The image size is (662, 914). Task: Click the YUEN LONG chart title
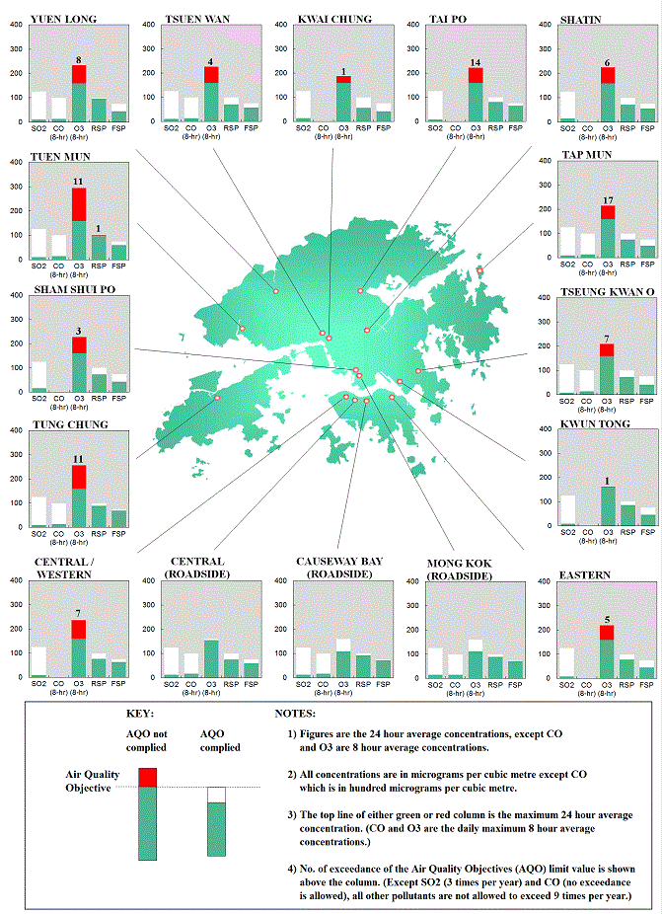pos(55,18)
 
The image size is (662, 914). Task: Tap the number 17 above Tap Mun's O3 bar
pos(607,200)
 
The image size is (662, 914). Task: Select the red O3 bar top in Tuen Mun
pos(79,204)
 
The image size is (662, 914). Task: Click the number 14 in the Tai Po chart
pos(476,62)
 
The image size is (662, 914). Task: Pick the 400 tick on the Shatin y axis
pos(544,24)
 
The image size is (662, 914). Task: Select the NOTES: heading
pos(295,713)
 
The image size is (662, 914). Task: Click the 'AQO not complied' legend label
pos(147,739)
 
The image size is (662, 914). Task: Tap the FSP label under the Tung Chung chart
pos(118,534)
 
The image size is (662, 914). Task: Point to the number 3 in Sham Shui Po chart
pos(79,332)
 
